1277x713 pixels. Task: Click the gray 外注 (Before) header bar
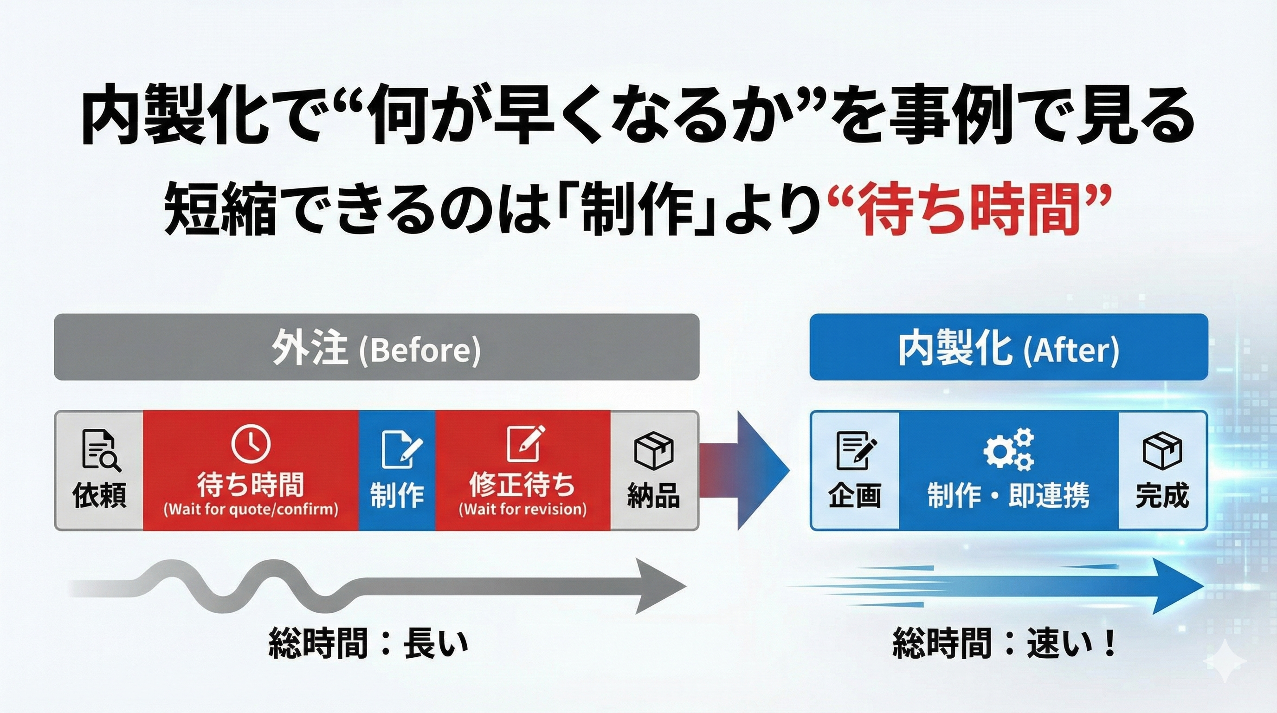click(376, 348)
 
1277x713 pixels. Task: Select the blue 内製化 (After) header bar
click(1008, 348)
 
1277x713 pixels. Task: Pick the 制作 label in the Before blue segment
click(397, 495)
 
